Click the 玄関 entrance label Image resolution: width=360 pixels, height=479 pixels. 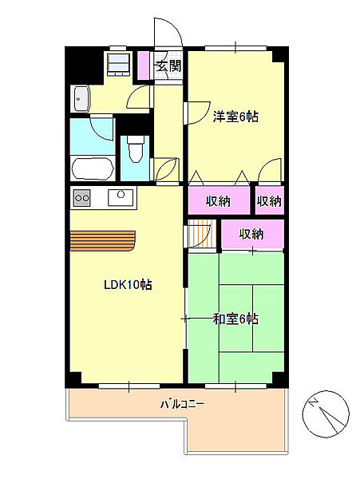point(168,65)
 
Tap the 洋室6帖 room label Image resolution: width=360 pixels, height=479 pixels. point(235,117)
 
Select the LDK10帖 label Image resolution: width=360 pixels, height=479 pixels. point(128,285)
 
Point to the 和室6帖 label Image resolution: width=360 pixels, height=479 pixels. point(235,319)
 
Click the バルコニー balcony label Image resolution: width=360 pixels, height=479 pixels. point(182,405)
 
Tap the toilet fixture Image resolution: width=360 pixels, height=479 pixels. point(135,149)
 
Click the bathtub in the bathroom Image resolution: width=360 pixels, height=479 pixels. point(93,168)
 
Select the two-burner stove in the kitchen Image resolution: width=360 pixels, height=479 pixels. point(82,198)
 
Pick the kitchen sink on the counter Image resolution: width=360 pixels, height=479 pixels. point(121,197)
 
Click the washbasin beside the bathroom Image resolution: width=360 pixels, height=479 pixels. point(81,98)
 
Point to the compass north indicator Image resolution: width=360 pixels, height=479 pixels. point(326,413)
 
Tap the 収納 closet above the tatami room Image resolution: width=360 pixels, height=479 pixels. point(252,234)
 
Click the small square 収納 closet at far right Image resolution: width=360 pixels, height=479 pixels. point(270,200)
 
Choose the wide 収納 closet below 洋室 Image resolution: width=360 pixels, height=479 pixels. point(219,200)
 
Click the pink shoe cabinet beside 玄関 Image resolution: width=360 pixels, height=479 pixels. point(143,65)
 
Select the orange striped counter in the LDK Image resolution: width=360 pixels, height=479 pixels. point(103,241)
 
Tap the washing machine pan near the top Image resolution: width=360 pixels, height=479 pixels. point(119,65)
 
